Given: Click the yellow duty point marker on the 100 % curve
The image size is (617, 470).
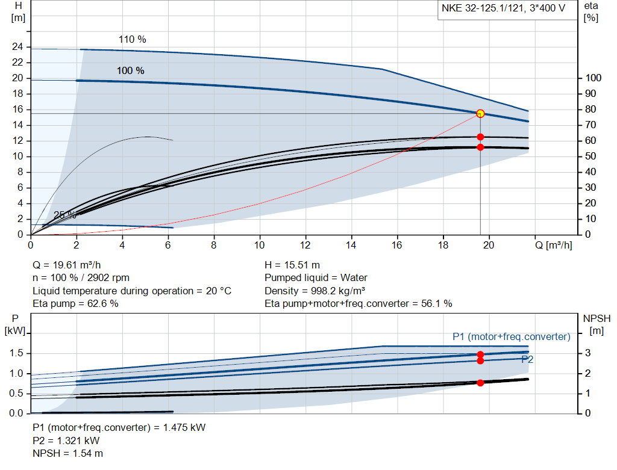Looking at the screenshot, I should pyautogui.click(x=480, y=113).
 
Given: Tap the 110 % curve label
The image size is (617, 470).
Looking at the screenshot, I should pyautogui.click(x=133, y=40).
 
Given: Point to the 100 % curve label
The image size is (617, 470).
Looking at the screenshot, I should pyautogui.click(x=131, y=71).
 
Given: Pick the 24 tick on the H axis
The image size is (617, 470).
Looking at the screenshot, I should pyautogui.click(x=17, y=47).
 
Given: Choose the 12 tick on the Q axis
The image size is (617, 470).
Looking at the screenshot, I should pyautogui.click(x=305, y=246).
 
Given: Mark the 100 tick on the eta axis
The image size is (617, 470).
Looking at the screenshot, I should pyautogui.click(x=594, y=78).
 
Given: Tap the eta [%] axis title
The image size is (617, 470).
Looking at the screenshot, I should pyautogui.click(x=590, y=11).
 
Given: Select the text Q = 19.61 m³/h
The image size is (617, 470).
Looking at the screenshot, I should pyautogui.click(x=71, y=265).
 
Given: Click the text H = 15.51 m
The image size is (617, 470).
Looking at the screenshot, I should pyautogui.click(x=292, y=265).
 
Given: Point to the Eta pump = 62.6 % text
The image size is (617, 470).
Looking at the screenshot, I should pyautogui.click(x=75, y=304).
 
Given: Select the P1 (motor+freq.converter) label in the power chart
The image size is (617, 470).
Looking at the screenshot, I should pyautogui.click(x=511, y=336).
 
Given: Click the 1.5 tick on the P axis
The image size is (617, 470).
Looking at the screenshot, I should pyautogui.click(x=16, y=353).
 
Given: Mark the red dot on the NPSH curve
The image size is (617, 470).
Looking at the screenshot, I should pyautogui.click(x=480, y=383).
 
